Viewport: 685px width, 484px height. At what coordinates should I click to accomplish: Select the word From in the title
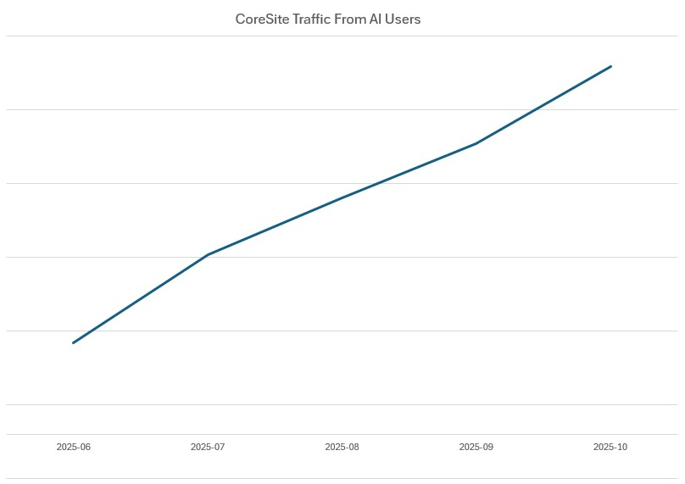coord(349,19)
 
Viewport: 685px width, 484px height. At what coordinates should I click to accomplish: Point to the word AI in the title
coord(376,19)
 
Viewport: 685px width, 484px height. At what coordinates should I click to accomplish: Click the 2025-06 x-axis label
coord(74,447)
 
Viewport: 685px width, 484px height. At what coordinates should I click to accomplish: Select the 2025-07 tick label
coord(208,447)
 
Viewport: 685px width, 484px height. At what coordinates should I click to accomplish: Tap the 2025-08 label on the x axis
coord(342,447)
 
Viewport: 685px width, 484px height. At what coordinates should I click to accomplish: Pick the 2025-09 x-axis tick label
coord(476,447)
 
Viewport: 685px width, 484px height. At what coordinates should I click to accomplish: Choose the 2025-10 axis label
coord(610,447)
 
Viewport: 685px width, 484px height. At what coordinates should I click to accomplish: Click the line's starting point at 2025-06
coord(74,342)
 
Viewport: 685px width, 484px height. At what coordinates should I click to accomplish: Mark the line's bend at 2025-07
coord(208,254)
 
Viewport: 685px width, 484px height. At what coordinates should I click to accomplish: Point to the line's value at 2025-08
coord(342,197)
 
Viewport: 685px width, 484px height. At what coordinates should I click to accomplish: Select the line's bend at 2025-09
coord(476,143)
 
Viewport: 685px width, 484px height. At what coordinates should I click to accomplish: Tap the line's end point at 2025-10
coord(610,66)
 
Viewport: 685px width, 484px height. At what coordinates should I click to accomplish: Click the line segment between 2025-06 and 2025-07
coord(141,298)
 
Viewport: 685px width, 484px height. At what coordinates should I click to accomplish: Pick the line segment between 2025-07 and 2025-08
coord(276,225)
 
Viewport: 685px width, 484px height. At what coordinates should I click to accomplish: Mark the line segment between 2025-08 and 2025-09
coord(409,170)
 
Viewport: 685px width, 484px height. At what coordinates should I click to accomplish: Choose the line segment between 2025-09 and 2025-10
coord(543,105)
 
